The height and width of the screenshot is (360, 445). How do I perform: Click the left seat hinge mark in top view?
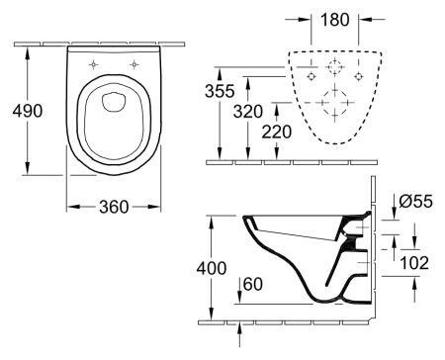tap(94, 65)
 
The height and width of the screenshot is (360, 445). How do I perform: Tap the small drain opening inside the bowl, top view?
tap(113, 99)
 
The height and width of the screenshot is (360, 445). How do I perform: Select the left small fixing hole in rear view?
tap(311, 75)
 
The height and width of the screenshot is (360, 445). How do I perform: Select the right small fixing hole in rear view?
tap(360, 75)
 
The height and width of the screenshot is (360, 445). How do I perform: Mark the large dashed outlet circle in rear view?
tap(335, 104)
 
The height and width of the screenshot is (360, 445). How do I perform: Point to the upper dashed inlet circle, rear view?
tap(335, 69)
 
